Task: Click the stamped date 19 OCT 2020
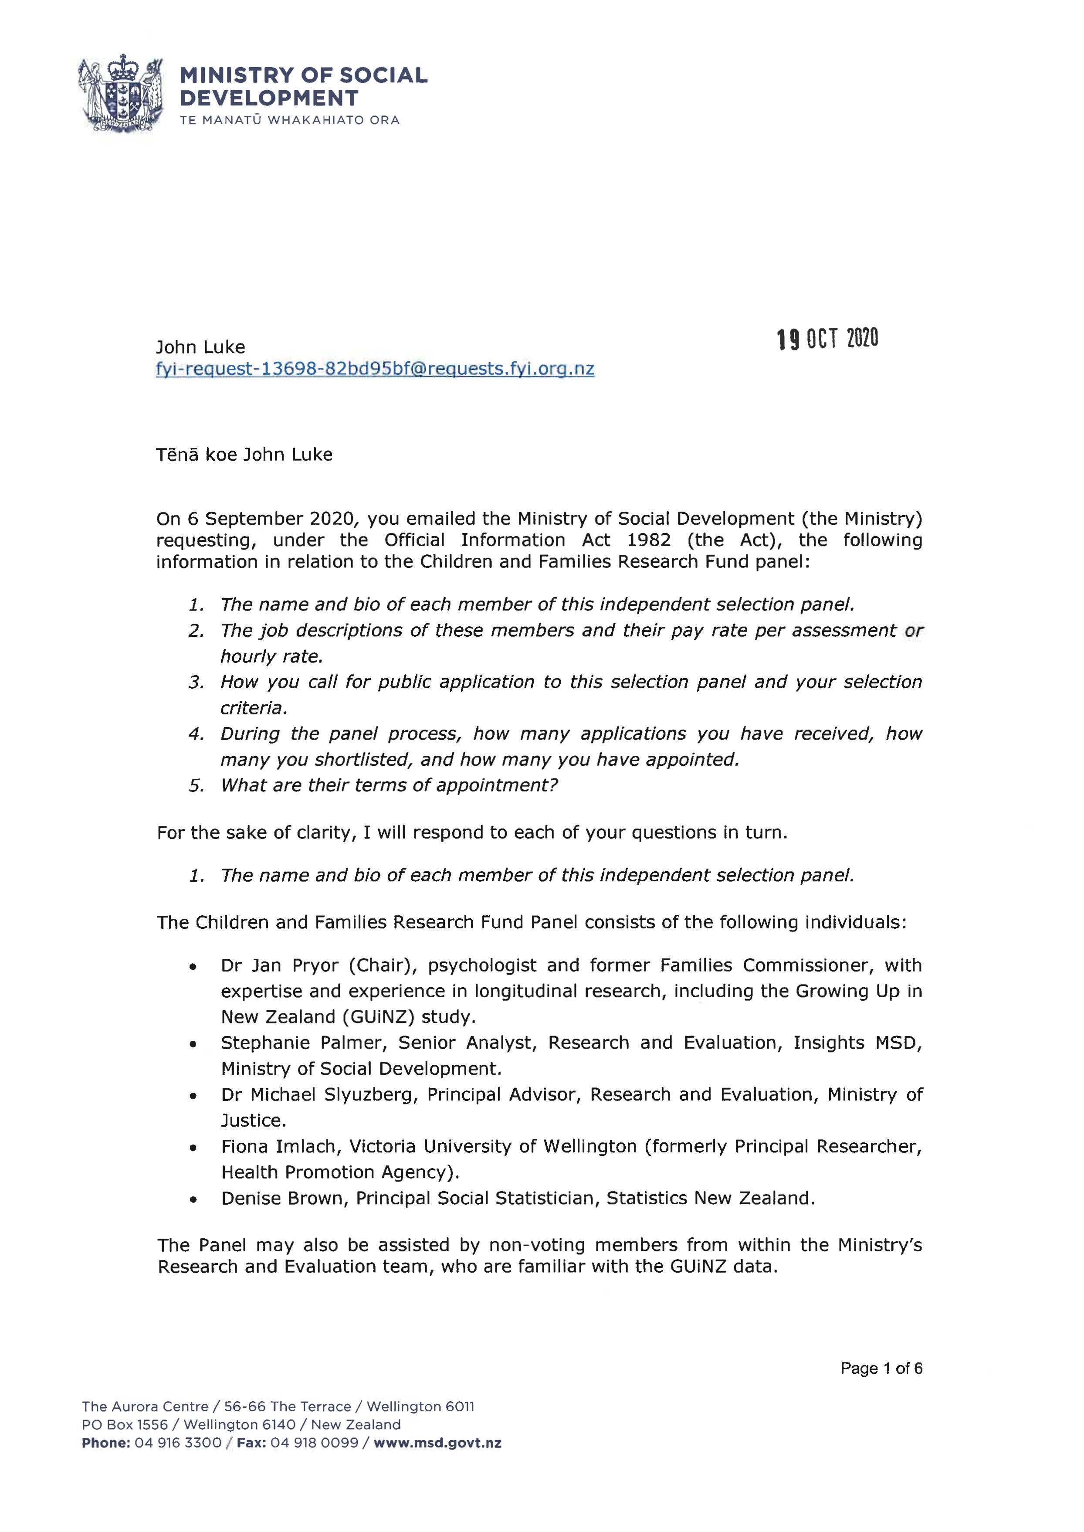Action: pos(828,339)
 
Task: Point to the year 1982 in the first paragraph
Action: pos(649,540)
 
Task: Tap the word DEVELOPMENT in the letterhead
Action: pos(269,98)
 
